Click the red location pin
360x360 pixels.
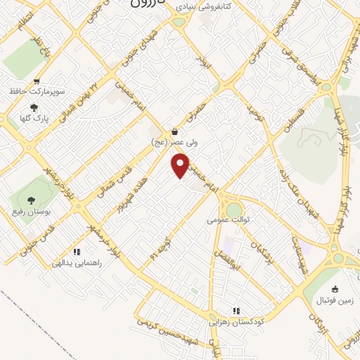click(181, 166)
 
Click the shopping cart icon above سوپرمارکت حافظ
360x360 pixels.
click(37, 81)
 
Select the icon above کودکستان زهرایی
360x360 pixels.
click(237, 311)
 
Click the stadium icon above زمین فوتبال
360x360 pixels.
click(335, 288)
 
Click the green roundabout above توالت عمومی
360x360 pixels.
click(233, 210)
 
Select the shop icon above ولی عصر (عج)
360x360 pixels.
click(174, 131)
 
